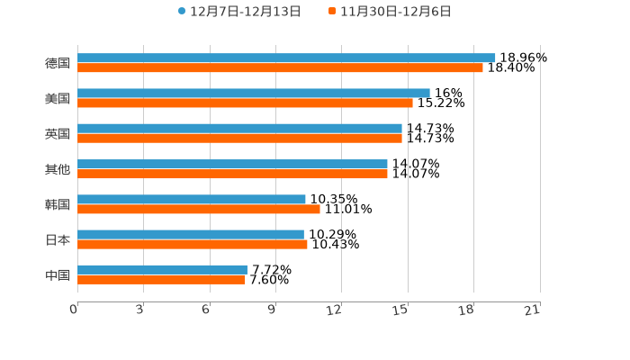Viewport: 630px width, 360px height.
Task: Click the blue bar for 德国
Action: click(x=286, y=58)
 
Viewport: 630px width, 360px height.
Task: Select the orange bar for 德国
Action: click(x=280, y=67)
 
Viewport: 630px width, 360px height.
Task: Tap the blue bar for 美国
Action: click(x=254, y=93)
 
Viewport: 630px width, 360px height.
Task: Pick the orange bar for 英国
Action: click(x=239, y=139)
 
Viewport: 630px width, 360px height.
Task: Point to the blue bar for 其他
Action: click(x=232, y=164)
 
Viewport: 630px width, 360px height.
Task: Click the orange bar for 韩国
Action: click(x=199, y=209)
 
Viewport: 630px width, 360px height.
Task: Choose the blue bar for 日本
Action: click(x=191, y=234)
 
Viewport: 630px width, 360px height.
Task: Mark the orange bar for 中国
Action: click(x=161, y=280)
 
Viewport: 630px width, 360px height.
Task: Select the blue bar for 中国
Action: click(x=162, y=269)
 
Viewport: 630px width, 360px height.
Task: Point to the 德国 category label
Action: click(x=58, y=63)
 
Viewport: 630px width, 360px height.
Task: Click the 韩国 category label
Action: click(x=58, y=204)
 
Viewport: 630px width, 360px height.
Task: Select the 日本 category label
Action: click(x=58, y=239)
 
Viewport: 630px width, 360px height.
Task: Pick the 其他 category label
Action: click(x=58, y=169)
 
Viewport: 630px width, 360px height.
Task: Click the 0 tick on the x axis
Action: click(x=75, y=310)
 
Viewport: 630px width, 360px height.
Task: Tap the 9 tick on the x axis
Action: click(x=273, y=310)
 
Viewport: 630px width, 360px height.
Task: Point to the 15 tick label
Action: click(x=401, y=310)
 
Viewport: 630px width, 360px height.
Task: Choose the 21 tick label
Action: click(x=533, y=310)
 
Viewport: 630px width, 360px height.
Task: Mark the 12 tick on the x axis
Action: click(x=335, y=310)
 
